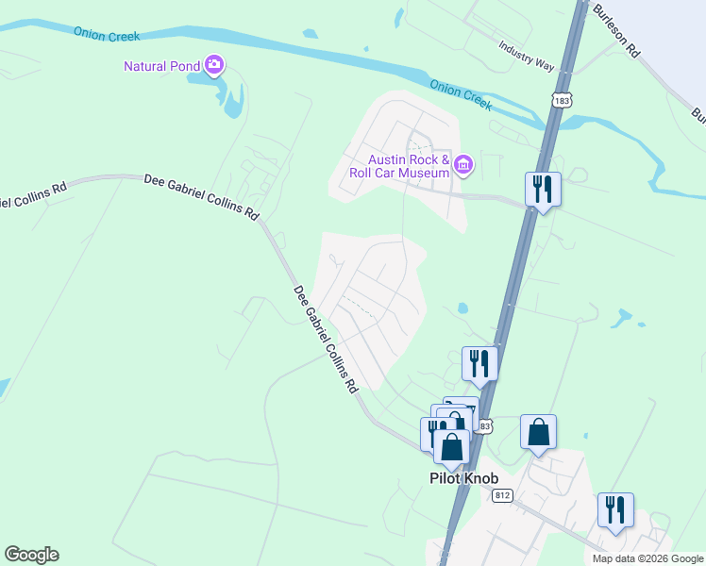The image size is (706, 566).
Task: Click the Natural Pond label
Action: tap(162, 66)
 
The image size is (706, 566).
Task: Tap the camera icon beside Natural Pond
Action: tap(214, 64)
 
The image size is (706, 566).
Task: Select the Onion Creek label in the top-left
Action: tap(107, 33)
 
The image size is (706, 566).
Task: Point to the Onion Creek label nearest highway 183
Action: tap(461, 94)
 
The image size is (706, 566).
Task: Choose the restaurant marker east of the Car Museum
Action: tap(543, 190)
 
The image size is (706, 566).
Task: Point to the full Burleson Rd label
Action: tap(617, 31)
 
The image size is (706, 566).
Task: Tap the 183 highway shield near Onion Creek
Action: tap(562, 99)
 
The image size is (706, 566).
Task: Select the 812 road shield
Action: tap(501, 494)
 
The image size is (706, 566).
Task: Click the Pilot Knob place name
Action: tap(458, 479)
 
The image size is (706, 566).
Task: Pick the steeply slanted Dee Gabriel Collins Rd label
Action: tap(326, 339)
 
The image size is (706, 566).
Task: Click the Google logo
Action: tap(31, 555)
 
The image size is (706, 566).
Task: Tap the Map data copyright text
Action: tap(647, 558)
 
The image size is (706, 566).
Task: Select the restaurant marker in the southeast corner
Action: tap(615, 510)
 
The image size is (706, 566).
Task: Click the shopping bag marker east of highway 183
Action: tap(538, 433)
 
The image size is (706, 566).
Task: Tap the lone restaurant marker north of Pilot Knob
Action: tap(479, 363)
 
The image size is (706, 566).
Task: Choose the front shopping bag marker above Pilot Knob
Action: tap(452, 447)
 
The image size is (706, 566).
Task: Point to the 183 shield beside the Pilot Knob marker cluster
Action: tap(484, 426)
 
